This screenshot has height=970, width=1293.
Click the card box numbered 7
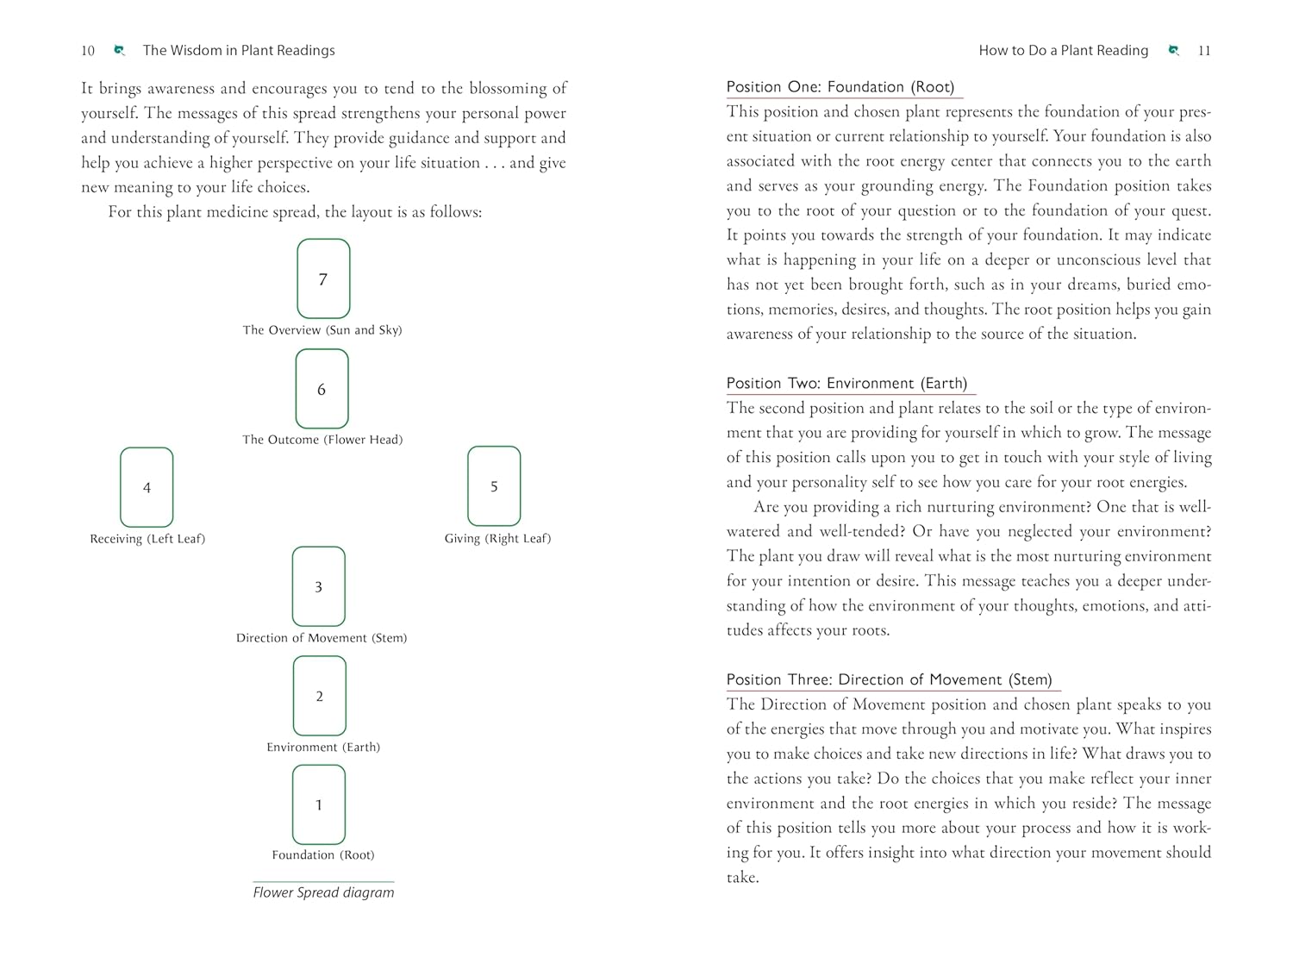click(323, 278)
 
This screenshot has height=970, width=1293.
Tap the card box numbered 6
click(322, 389)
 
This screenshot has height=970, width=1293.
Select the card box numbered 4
click(147, 487)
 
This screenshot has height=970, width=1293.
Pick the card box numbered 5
click(494, 486)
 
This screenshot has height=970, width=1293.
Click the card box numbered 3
click(318, 586)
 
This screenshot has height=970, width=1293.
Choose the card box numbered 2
click(319, 696)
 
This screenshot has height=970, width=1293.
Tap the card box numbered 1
click(318, 804)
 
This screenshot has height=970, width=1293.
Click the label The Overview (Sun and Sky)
click(322, 330)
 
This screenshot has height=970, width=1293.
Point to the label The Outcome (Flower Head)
click(322, 440)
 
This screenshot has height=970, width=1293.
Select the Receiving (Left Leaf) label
click(147, 539)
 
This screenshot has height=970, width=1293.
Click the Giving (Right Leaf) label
click(497, 539)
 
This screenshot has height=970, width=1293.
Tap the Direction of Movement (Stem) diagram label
click(322, 638)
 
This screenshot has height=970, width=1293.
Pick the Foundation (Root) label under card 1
click(323, 855)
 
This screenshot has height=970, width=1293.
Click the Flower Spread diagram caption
click(323, 892)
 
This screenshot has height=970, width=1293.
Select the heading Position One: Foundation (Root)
click(840, 87)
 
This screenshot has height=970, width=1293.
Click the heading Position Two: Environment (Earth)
click(846, 384)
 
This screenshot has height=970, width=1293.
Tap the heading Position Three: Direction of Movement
click(889, 680)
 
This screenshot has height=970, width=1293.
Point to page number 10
click(88, 51)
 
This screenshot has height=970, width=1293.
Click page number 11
click(1204, 51)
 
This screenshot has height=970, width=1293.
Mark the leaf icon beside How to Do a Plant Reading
click(1173, 51)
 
